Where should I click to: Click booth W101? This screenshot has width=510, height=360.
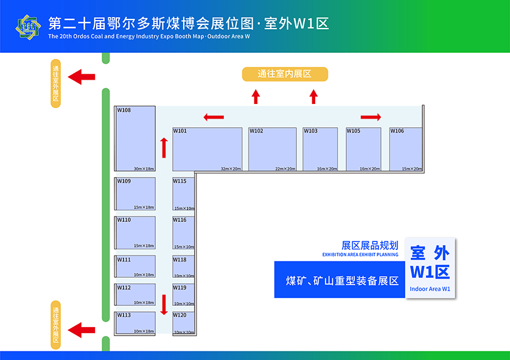tap(208, 149)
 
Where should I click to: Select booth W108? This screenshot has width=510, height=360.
tap(135, 139)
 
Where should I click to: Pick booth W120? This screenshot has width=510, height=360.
tap(183, 323)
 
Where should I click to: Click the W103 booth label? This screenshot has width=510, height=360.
tap(310, 131)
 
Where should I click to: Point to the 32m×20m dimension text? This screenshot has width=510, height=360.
tap(231, 168)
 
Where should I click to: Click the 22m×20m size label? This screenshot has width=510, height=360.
tap(285, 168)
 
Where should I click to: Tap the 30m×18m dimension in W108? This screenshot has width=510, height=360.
tap(144, 168)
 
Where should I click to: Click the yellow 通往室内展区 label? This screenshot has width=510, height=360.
tap(285, 74)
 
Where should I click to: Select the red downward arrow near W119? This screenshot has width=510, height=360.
tap(164, 304)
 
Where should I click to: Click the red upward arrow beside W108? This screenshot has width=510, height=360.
tap(164, 147)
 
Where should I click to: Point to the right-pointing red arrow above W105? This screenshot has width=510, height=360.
tap(371, 117)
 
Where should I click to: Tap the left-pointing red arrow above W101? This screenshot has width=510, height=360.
tap(214, 117)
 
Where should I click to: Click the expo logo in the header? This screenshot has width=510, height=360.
tap(27, 26)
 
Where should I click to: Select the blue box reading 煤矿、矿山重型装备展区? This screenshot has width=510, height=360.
tap(340, 280)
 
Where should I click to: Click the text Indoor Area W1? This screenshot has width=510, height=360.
tap(430, 289)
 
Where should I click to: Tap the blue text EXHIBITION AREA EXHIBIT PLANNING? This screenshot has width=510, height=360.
tap(360, 255)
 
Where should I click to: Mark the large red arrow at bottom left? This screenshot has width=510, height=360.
tap(82, 330)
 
